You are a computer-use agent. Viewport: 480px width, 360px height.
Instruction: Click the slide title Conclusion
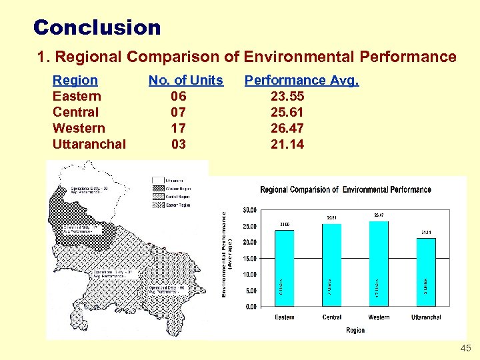click(97, 27)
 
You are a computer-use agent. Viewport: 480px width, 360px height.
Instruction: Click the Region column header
click(75, 80)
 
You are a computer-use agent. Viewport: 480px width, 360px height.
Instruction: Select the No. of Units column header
click(185, 80)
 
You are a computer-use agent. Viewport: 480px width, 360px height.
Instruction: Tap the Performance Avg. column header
click(301, 80)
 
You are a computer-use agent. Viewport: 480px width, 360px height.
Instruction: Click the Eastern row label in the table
click(75, 96)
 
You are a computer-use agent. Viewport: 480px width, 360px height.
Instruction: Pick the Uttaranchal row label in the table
click(89, 144)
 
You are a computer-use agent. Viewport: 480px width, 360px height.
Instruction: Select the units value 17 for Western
click(178, 128)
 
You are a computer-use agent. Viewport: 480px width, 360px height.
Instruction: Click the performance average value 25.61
click(287, 112)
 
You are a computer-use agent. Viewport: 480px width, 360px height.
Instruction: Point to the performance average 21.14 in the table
click(287, 144)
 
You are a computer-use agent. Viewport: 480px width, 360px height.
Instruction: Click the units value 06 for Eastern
click(178, 96)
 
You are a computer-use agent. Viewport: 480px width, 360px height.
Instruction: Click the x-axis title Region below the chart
click(355, 330)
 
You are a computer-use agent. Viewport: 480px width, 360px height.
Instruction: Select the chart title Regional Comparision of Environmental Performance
click(345, 190)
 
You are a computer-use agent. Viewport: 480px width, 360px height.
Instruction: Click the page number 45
click(465, 349)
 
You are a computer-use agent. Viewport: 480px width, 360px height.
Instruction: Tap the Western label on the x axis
click(379, 317)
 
